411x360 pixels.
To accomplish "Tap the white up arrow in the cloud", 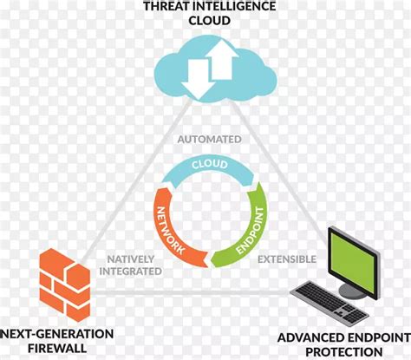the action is [222, 60].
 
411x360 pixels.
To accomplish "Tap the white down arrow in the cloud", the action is [199, 79].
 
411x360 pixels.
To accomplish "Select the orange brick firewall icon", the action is [65, 285].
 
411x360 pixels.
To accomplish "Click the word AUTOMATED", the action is [210, 140].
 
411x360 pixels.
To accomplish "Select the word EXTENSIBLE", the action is [287, 259].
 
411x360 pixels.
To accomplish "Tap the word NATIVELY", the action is [131, 259].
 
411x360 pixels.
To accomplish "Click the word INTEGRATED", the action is [130, 272].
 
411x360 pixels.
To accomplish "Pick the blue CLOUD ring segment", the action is [208, 169].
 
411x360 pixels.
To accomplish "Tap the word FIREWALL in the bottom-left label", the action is [57, 348].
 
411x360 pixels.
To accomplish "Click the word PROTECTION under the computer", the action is [344, 352].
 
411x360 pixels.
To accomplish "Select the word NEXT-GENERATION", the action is [57, 334].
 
